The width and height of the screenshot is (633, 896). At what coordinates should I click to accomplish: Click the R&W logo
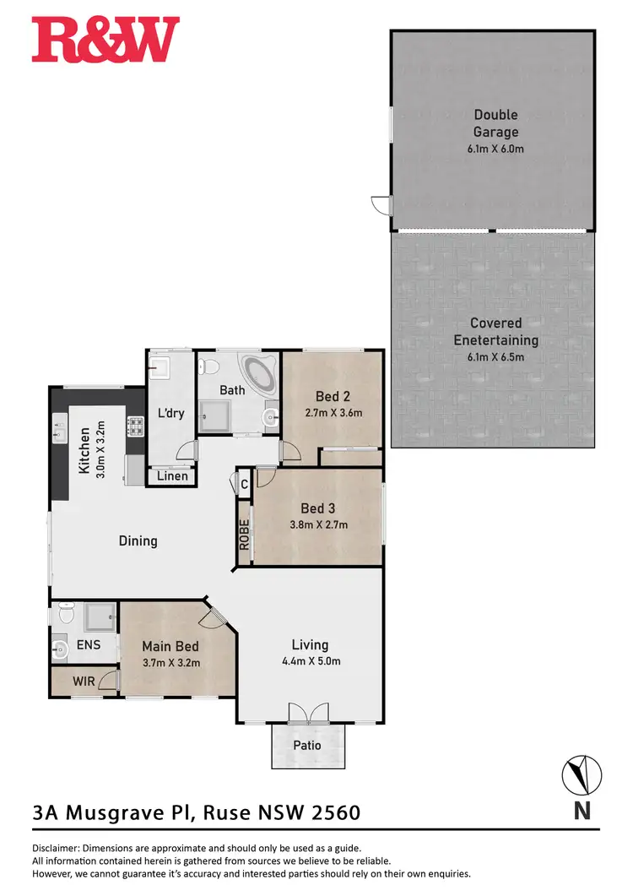pos(105,41)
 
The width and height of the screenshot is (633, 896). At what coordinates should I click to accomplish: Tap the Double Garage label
pos(495,123)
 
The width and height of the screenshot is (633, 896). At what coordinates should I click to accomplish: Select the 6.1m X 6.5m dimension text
pos(495,357)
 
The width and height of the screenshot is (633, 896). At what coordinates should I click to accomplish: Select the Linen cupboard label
pos(172,476)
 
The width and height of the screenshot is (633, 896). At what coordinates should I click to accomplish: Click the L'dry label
pos(171,414)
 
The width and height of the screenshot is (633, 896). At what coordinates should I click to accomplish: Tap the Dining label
pos(138,540)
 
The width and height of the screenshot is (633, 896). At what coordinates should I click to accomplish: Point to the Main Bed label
pos(170,647)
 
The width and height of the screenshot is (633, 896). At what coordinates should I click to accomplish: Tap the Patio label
pos(308,747)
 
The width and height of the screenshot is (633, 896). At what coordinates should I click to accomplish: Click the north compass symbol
pos(582,774)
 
